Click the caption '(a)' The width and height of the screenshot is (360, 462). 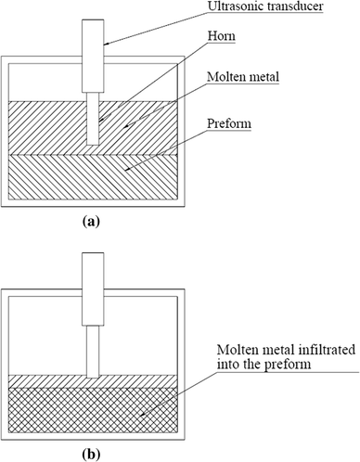92,222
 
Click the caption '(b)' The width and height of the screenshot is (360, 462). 92,453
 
